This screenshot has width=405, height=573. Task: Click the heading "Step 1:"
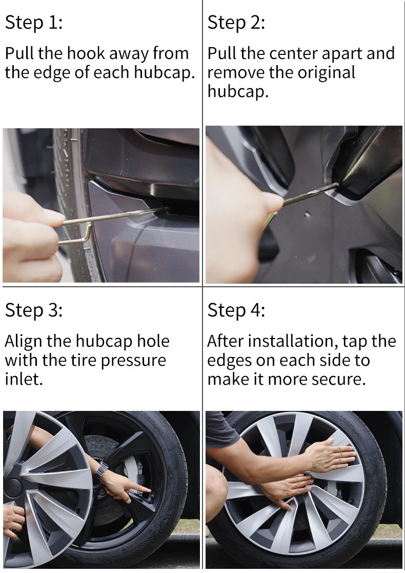coord(34,23)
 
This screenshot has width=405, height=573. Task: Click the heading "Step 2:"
coord(236,23)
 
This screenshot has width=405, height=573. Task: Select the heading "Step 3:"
coord(34,310)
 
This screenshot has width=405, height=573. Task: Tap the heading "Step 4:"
coord(236,310)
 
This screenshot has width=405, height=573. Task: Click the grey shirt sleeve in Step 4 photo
coord(219,429)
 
